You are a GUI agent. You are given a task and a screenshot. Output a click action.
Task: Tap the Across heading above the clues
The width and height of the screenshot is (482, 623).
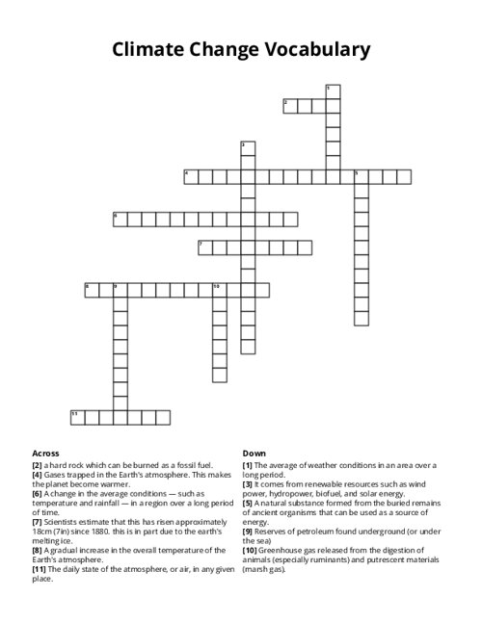(45, 453)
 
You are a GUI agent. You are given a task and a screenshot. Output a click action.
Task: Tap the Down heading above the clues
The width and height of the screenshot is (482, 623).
(254, 453)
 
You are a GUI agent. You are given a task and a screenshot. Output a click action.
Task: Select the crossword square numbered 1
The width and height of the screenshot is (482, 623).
(333, 91)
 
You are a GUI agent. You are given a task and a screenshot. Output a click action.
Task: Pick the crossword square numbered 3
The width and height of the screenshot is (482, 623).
(248, 148)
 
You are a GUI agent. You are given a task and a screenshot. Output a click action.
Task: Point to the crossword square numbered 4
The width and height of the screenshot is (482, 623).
(191, 176)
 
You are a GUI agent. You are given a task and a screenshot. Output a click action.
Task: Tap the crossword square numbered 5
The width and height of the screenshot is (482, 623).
(361, 176)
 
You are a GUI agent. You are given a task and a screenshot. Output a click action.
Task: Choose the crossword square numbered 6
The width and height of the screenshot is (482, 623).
(120, 219)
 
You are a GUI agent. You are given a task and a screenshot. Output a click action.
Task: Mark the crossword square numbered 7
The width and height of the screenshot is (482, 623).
(205, 247)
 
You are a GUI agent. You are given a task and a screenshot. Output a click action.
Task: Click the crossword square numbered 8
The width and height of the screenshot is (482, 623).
(92, 290)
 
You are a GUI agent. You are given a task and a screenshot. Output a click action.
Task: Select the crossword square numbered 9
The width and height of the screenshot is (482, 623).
(120, 290)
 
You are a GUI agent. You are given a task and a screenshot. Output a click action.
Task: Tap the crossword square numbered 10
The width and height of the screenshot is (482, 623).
(220, 290)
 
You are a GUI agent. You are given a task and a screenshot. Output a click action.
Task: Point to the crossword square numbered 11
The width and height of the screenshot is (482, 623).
(77, 417)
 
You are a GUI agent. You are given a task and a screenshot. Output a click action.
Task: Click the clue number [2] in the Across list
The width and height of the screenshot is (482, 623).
(37, 464)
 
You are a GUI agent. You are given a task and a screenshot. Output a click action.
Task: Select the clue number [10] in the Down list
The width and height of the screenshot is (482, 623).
(250, 551)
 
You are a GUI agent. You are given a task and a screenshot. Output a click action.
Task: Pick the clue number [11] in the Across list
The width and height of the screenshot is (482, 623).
(39, 569)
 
